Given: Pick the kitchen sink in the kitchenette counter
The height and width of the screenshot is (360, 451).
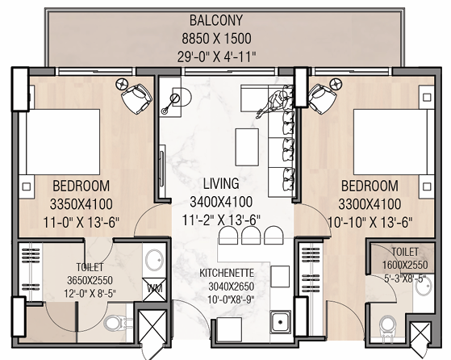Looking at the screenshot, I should (x=282, y=323).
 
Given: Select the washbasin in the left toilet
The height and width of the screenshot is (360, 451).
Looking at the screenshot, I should (x=155, y=260).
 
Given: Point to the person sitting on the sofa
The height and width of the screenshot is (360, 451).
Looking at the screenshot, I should (x=278, y=103).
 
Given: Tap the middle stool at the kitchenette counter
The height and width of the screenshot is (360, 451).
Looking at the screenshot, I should (x=250, y=233).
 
